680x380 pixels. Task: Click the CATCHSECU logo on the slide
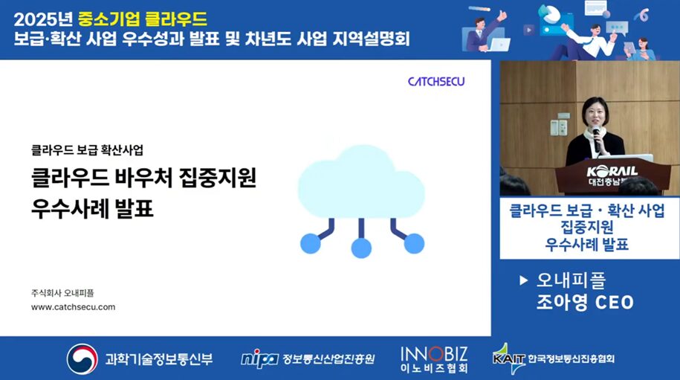click(435, 81)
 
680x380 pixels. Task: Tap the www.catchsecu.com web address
click(74, 307)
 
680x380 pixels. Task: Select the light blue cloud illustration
click(361, 181)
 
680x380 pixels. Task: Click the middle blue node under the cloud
click(361, 248)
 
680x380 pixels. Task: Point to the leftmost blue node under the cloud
click(311, 243)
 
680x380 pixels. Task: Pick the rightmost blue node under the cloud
click(414, 243)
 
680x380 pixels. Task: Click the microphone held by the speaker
click(596, 139)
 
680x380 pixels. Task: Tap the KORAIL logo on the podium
click(612, 171)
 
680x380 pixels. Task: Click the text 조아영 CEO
click(585, 303)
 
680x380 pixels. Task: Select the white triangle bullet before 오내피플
click(523, 280)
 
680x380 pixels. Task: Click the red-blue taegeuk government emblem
click(82, 358)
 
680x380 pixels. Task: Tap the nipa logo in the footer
click(259, 359)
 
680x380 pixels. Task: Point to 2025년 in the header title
click(43, 19)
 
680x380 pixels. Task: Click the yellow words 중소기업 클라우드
click(143, 19)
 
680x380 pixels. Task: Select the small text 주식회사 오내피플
click(62, 293)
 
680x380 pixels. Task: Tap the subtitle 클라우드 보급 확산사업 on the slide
click(87, 150)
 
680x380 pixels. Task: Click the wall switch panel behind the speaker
click(559, 126)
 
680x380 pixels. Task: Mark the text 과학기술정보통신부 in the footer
click(159, 359)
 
